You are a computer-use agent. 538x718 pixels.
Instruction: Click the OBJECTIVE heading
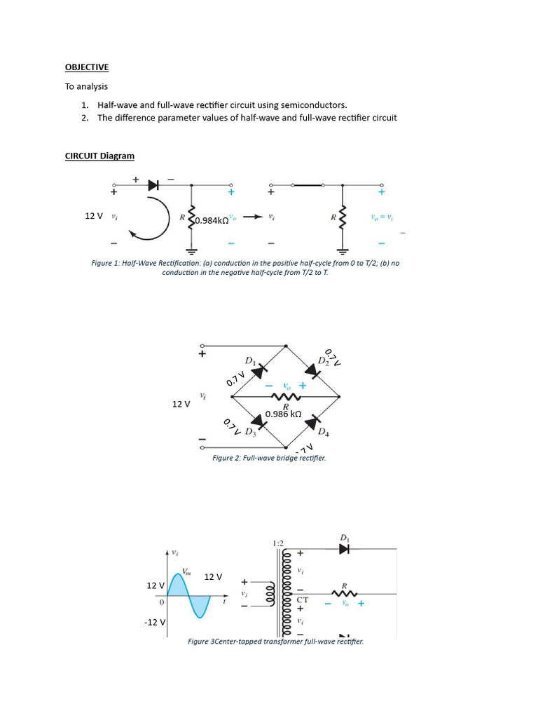[87, 67]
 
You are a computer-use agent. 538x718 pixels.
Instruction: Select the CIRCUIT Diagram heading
[99, 156]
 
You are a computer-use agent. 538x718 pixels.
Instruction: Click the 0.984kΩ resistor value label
[211, 220]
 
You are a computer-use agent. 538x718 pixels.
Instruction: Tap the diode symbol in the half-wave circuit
[153, 185]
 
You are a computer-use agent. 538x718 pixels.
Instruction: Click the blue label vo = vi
[382, 218]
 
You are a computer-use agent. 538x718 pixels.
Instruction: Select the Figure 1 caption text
[244, 267]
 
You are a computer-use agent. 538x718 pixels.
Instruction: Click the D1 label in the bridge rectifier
[249, 360]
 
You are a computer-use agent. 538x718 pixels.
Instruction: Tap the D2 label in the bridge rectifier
[322, 360]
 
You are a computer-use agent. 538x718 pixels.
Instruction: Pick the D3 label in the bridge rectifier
[250, 431]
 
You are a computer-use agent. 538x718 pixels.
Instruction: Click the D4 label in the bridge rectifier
[323, 433]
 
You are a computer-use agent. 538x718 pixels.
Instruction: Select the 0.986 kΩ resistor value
[284, 414]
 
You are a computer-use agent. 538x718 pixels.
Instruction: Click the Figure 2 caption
[269, 458]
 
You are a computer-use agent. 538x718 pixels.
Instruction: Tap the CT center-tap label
[302, 600]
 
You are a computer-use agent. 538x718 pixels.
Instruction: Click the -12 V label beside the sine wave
[155, 622]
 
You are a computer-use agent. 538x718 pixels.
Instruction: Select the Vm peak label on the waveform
[186, 572]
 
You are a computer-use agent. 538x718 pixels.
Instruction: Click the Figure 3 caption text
[276, 642]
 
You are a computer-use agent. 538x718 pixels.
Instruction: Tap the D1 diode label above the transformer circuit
[344, 538]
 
